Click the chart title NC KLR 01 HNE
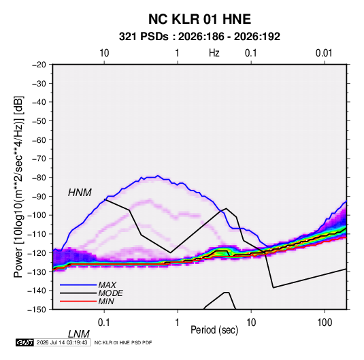click(199, 19)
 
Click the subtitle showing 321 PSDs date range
click(199, 37)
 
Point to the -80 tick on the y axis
click(39, 178)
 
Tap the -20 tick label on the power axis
click(39, 65)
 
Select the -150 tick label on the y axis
click(37, 310)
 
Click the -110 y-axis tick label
click(37, 234)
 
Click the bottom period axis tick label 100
click(325, 323)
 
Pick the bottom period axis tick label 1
click(178, 323)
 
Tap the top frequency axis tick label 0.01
click(324, 53)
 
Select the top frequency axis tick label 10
click(104, 53)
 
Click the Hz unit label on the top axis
click(214, 53)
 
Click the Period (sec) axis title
click(214, 330)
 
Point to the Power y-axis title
click(18, 186)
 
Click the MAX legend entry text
click(107, 284)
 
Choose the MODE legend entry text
click(110, 293)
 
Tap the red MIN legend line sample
click(78, 301)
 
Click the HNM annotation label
click(80, 193)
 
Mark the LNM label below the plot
click(79, 334)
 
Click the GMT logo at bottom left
click(24, 342)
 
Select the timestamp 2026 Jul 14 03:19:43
click(62, 342)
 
